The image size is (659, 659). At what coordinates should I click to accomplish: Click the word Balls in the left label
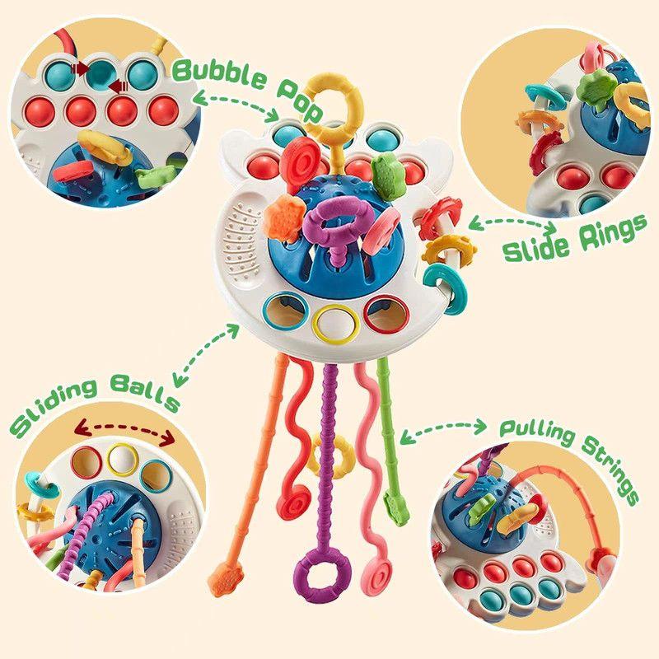coord(145,393)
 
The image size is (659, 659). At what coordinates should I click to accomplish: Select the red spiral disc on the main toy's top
coord(299,160)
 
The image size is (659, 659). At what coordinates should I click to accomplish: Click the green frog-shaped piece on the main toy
coord(386,176)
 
